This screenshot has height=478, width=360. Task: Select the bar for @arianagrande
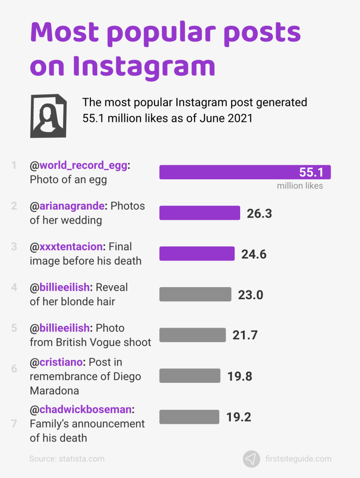click(x=200, y=213)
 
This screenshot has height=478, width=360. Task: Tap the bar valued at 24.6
click(x=197, y=254)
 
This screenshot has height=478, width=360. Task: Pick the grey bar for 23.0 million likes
click(x=195, y=295)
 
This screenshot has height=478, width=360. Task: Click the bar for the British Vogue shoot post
click(x=193, y=335)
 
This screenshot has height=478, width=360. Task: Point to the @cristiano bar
click(x=190, y=376)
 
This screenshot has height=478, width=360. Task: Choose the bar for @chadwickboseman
click(x=189, y=417)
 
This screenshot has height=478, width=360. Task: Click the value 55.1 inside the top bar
click(x=311, y=173)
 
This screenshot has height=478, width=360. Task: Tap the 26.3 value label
click(x=259, y=213)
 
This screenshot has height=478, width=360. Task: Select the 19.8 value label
click(x=240, y=376)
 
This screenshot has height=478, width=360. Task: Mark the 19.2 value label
click(x=239, y=417)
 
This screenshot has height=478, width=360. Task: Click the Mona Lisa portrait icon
click(x=48, y=115)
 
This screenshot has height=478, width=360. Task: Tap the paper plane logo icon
click(x=251, y=459)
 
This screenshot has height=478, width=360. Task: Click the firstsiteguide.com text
click(x=298, y=459)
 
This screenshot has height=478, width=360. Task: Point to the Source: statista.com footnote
click(x=67, y=459)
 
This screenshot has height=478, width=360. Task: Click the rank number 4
click(x=14, y=288)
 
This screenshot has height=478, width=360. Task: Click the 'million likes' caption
click(x=300, y=186)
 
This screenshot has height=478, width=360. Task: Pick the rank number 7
click(x=14, y=424)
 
